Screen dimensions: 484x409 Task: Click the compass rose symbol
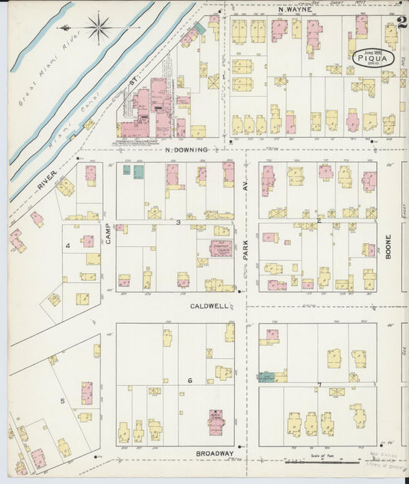click(x=99, y=30)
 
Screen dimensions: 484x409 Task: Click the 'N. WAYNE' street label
click(x=295, y=10)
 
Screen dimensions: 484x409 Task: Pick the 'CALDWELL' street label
click(x=209, y=305)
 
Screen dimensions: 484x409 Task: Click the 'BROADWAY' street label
click(x=214, y=453)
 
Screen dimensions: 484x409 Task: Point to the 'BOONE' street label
click(x=388, y=246)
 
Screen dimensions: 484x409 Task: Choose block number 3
click(x=178, y=222)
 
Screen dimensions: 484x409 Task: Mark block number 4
click(x=68, y=245)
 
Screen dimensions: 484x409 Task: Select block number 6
click(x=189, y=380)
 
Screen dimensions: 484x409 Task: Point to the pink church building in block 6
click(x=216, y=421)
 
